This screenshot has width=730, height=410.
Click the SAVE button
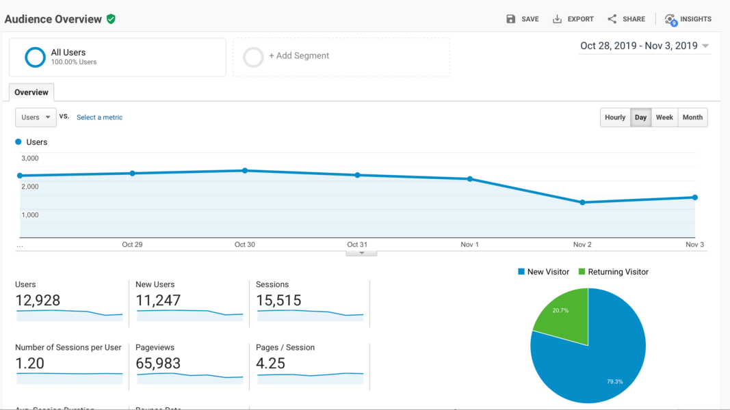[522, 19]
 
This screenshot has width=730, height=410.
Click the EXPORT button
[573, 19]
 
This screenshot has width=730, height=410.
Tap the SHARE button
[626, 19]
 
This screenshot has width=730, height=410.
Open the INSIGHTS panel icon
[670, 19]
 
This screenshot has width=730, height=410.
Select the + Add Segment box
[341, 57]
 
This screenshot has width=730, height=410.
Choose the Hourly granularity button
[614, 118]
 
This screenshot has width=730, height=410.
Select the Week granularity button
[664, 118]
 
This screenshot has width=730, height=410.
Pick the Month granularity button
[692, 118]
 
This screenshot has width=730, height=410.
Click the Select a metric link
[99, 118]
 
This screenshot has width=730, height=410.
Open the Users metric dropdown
[36, 118]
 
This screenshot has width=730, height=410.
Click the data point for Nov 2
[582, 202]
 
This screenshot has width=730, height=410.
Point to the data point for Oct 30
[245, 170]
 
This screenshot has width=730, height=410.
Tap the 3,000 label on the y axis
[29, 159]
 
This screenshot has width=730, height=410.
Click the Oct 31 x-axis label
[357, 245]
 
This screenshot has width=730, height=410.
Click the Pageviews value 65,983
[158, 364]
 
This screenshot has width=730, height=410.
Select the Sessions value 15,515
[278, 301]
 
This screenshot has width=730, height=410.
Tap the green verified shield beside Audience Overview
[111, 19]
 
